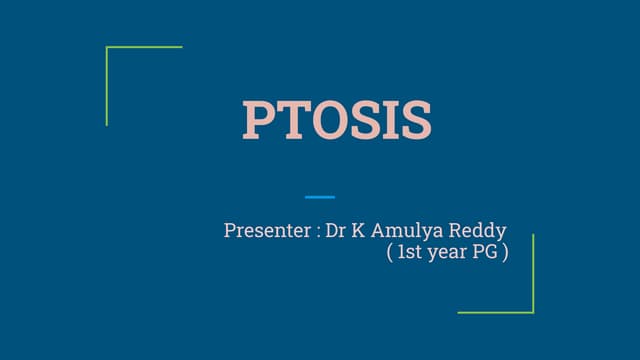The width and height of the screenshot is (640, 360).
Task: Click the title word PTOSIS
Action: click(337, 120)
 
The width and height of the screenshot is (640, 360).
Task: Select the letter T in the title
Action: click(291, 120)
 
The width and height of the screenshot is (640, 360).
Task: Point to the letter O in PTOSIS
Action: click(326, 120)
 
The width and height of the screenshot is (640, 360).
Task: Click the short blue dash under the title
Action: click(320, 197)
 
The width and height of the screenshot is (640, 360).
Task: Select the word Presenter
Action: click(266, 231)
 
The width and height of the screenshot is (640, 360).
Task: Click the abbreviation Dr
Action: click(335, 231)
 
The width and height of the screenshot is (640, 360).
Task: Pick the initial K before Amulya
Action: click(358, 231)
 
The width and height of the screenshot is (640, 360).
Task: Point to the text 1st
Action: click(409, 253)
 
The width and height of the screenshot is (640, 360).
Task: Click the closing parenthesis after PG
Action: click(506, 253)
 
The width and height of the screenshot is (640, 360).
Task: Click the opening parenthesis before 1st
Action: click(389, 253)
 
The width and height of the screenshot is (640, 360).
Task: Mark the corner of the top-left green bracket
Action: click(107, 47)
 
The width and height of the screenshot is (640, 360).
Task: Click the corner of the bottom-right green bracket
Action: click(533, 312)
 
